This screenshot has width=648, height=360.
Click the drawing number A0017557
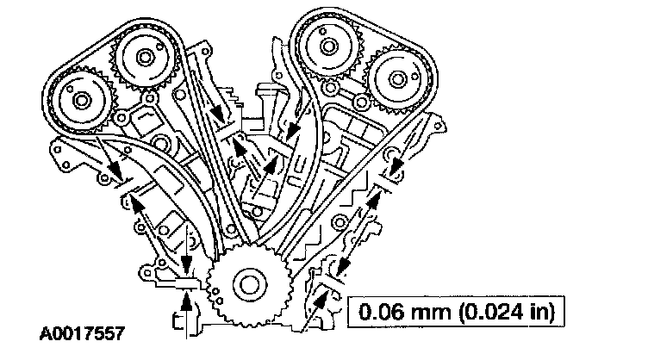pos(82,333)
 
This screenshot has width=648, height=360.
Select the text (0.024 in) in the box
pos(507,312)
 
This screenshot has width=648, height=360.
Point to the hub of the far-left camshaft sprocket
pos(81,101)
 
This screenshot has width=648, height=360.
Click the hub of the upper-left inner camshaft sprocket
pos(145,58)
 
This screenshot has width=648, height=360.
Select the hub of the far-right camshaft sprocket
pos(397,79)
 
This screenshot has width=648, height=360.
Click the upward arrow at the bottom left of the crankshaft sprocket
pos(187,314)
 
